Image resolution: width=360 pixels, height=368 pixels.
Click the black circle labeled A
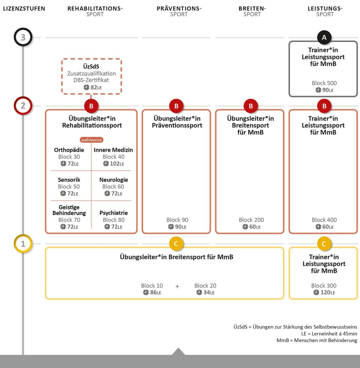point(324,37)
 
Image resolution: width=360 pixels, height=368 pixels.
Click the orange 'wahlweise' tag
point(91,140)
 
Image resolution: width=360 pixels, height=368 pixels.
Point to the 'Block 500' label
point(324,83)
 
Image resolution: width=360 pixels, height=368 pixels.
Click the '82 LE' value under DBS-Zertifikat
point(93,87)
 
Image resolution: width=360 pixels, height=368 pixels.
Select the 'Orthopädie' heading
point(69,150)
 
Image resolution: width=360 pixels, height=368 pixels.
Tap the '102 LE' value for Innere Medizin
point(114,164)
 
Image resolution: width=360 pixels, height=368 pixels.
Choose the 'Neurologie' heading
point(114,180)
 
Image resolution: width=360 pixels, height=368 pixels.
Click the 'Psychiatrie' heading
point(114,213)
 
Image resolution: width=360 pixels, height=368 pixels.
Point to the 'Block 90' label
point(177,220)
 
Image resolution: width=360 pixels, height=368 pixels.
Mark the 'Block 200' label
point(251,220)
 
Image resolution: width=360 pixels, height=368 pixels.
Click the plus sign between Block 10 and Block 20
point(177,286)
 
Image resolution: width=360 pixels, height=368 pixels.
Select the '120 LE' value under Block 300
point(324,292)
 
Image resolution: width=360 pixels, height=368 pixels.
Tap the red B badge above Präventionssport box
point(176,106)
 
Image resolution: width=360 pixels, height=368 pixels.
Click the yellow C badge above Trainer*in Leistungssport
point(324,244)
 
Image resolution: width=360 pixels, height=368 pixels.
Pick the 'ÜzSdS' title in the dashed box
point(91,66)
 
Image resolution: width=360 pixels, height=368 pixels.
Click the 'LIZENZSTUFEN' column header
point(24,9)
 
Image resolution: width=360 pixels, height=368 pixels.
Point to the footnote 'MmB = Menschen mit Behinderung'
point(317,340)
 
